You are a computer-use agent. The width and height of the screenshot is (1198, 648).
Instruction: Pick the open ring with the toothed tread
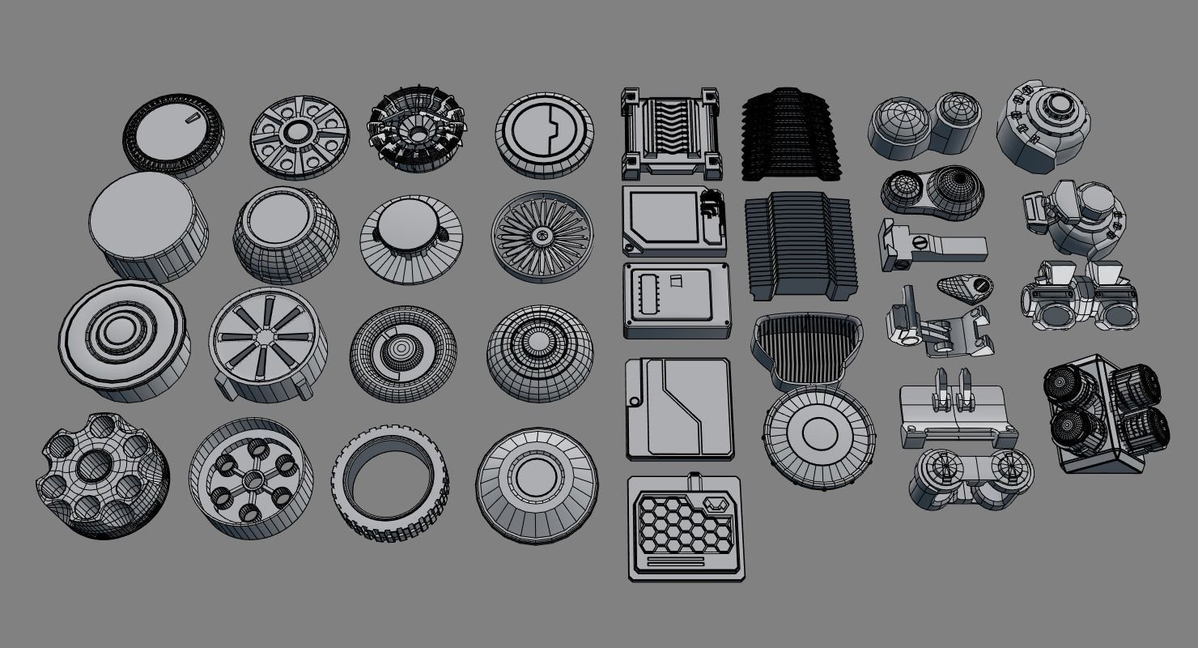pos(389,483)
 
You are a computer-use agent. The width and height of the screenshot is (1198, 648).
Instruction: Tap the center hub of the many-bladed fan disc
pos(541,236)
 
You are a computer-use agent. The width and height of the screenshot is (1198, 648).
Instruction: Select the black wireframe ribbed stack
pos(790,134)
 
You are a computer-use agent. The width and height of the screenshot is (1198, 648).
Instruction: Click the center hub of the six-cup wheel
pos(253,478)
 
